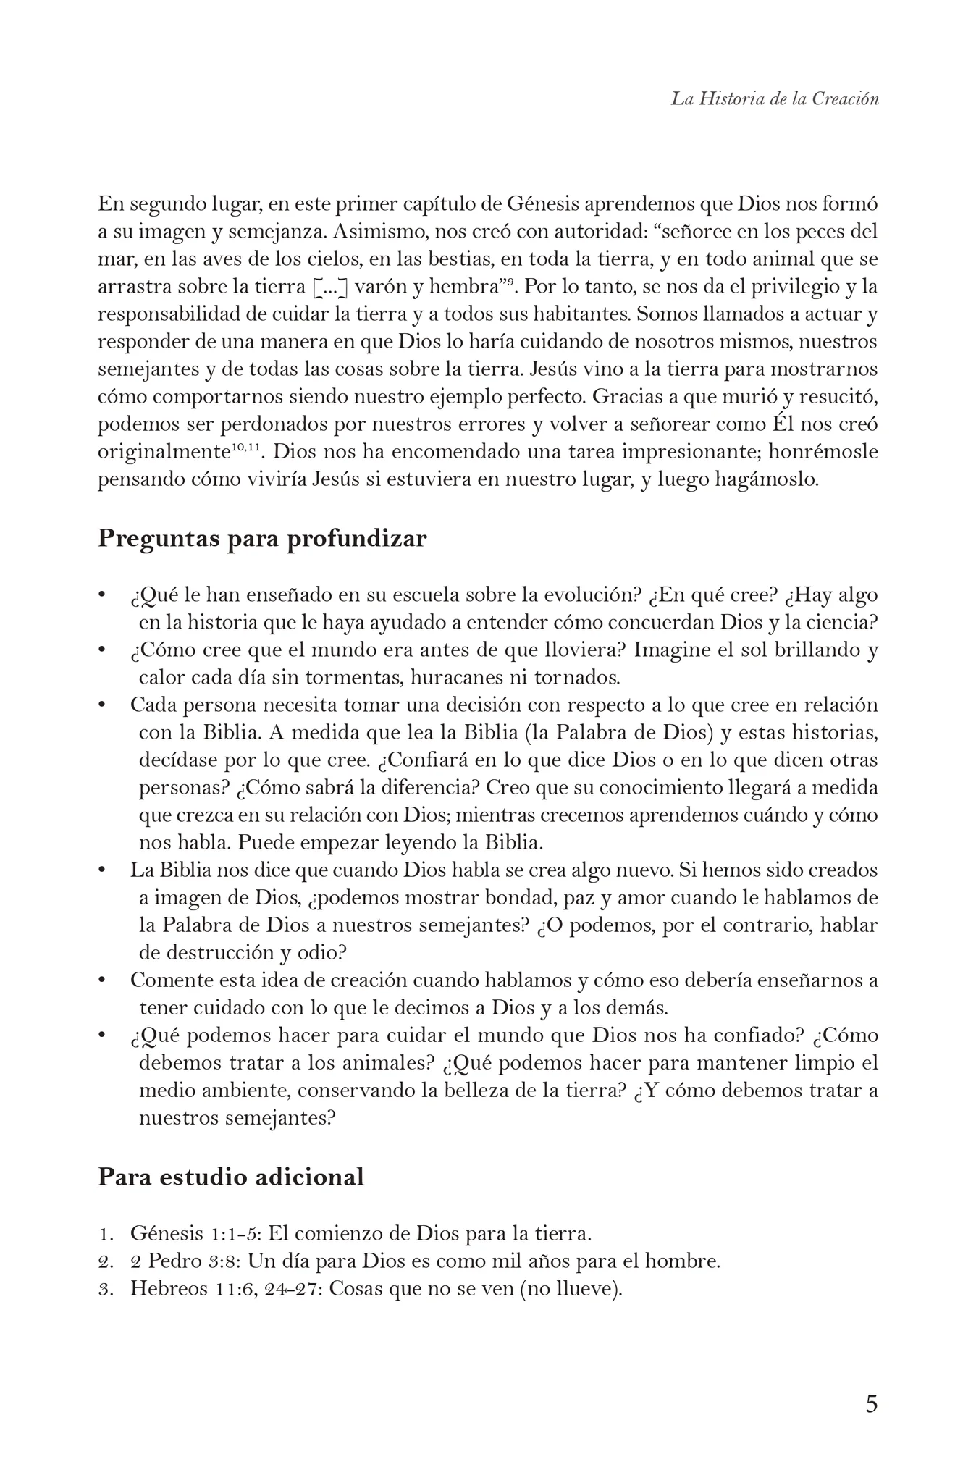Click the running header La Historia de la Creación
click(x=774, y=99)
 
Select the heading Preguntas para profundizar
click(x=262, y=539)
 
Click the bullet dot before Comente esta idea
click(x=103, y=980)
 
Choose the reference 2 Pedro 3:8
click(x=185, y=1261)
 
